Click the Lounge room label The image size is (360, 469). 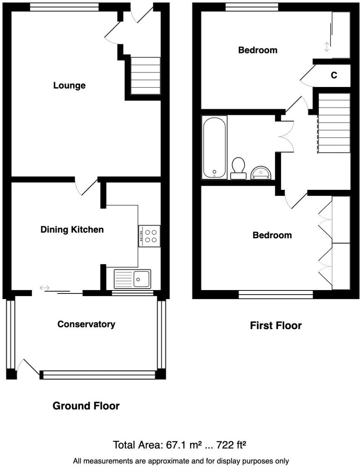69,85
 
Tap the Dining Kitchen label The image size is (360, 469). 72,230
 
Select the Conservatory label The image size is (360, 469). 86,324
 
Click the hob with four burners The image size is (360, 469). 149,236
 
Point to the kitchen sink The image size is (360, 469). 132,279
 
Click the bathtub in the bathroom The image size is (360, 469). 214,147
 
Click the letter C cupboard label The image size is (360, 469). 334,76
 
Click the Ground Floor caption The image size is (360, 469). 86,406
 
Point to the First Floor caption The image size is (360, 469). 276,326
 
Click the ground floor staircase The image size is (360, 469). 145,76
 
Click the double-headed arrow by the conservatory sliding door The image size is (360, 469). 45,289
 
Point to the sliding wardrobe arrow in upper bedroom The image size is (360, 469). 327,47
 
